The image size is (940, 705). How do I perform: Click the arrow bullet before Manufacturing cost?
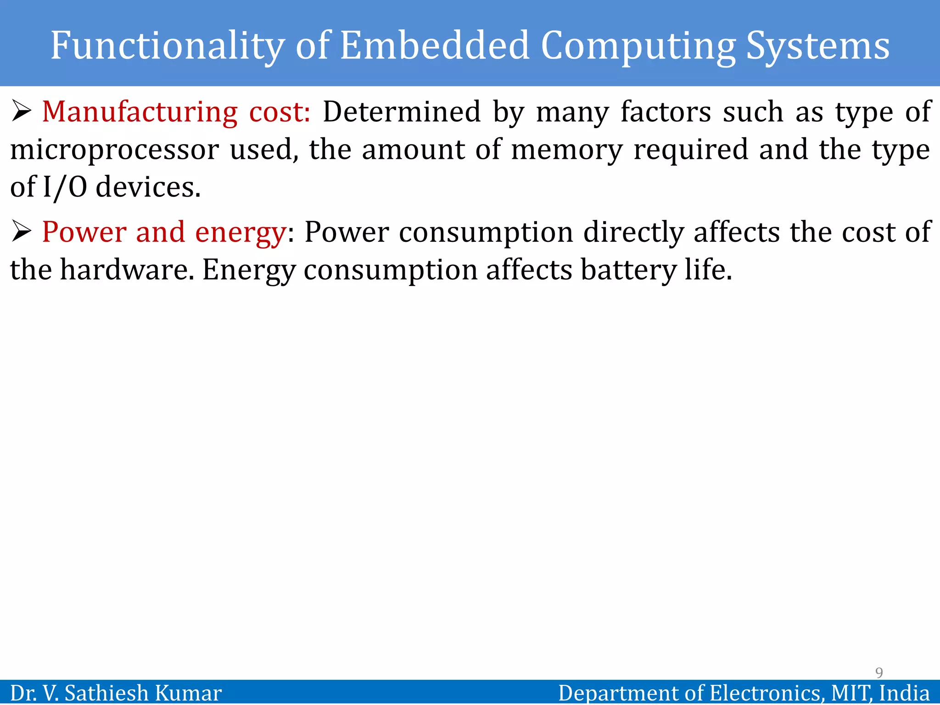click(21, 112)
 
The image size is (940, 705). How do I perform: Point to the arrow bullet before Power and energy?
click(21, 231)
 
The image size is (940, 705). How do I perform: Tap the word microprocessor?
click(114, 150)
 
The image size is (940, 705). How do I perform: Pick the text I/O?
click(65, 188)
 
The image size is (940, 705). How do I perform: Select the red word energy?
click(241, 233)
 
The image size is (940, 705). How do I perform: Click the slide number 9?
click(879, 672)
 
